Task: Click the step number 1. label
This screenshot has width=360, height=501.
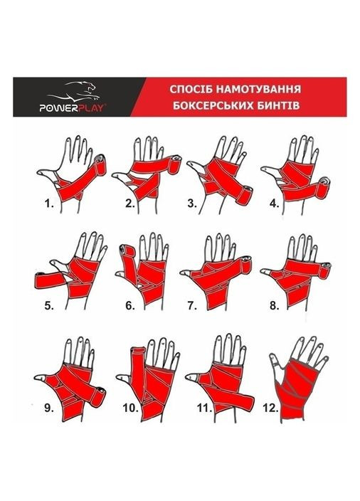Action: [49, 204]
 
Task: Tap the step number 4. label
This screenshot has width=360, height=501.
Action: [274, 204]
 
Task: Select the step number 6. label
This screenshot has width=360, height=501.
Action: [129, 306]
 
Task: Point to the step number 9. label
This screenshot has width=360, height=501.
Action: [49, 408]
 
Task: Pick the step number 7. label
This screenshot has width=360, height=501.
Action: [191, 306]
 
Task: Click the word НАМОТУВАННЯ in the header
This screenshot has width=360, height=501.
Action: [258, 89]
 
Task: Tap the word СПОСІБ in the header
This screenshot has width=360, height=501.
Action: [191, 89]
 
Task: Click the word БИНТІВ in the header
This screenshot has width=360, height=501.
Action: [281, 105]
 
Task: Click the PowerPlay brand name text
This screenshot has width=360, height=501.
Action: [72, 108]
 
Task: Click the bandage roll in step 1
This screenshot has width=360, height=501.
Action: [101, 164]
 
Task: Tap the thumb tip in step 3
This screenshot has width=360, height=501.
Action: [191, 164]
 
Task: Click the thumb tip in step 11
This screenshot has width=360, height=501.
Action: [191, 377]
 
